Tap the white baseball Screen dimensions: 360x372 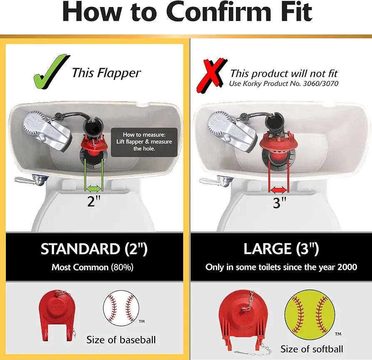tap(120, 308)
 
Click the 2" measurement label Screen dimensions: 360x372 tap(94, 201)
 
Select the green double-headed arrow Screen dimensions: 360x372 tap(94, 188)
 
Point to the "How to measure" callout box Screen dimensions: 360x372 tap(144, 142)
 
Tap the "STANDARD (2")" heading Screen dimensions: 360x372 tap(94, 249)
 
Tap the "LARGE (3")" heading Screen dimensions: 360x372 tap(281, 249)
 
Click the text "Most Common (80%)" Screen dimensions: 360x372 tap(92, 267)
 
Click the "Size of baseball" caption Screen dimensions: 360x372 tap(121, 340)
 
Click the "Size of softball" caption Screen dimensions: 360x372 tap(312, 349)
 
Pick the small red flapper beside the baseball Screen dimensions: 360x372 tap(57, 310)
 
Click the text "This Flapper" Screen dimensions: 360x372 tap(106, 73)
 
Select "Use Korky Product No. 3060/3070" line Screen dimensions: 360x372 tap(283, 84)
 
